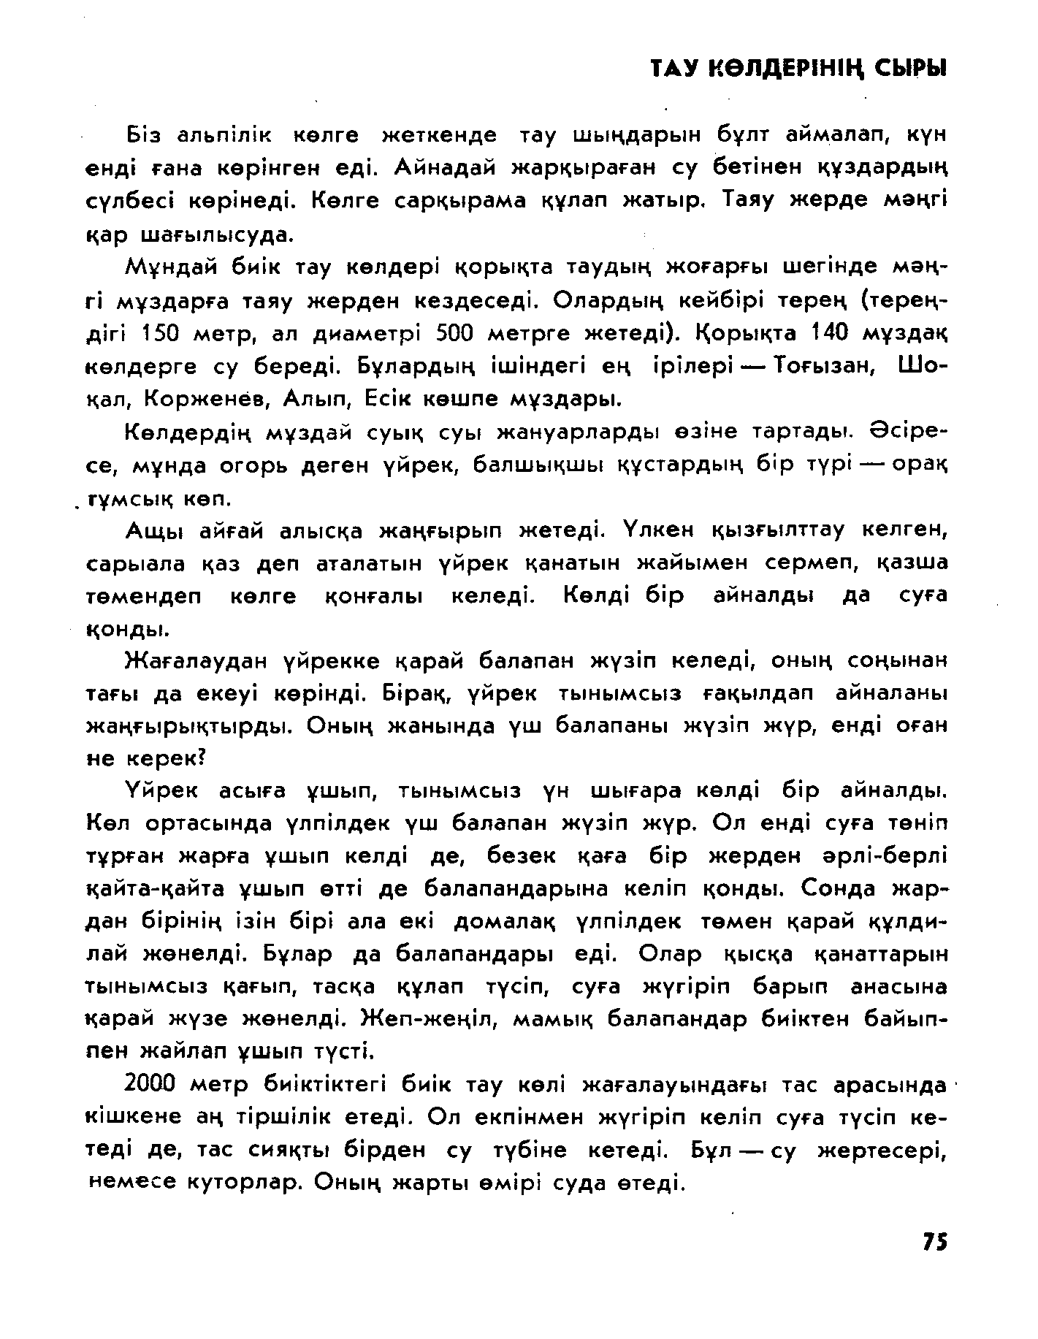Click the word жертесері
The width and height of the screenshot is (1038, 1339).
pos(881,1150)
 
